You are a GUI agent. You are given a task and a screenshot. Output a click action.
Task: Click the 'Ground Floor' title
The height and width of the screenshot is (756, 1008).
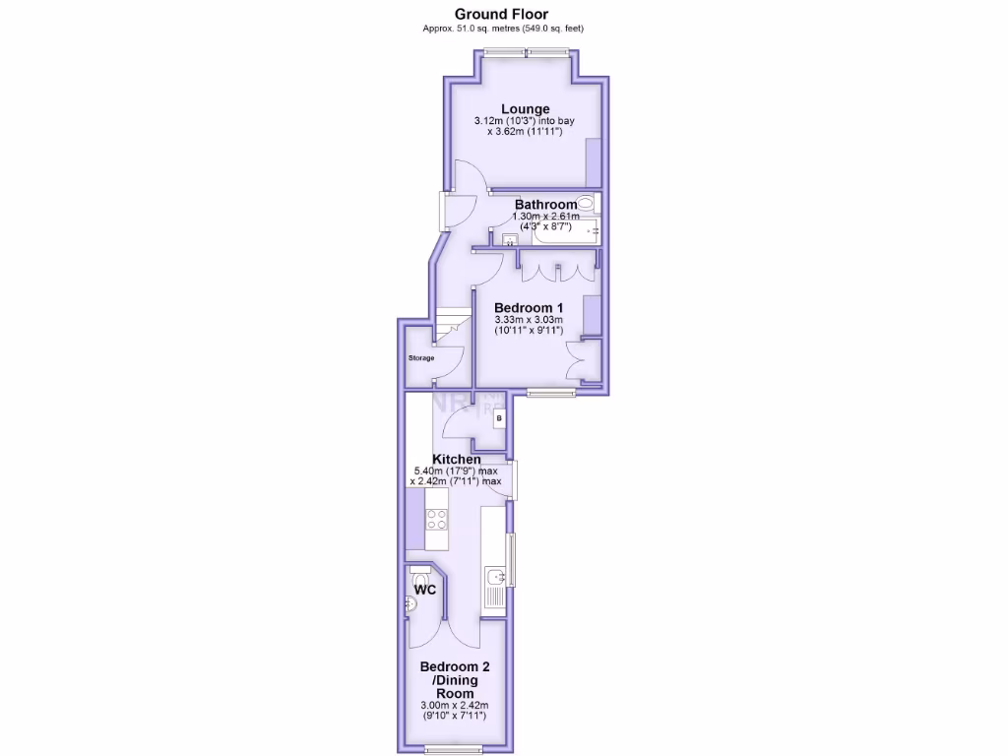coord(501,14)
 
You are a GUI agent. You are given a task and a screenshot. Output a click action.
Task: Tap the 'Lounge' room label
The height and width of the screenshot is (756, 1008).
coord(525,109)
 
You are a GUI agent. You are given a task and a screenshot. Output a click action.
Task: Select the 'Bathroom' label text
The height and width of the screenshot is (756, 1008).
coord(544,205)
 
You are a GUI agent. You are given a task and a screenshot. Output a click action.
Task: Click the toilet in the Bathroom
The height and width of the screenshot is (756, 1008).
coord(587,203)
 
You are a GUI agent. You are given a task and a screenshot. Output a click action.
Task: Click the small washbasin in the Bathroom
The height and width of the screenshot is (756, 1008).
coord(510,239)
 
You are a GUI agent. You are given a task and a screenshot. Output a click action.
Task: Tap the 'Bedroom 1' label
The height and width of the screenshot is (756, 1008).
coord(528,306)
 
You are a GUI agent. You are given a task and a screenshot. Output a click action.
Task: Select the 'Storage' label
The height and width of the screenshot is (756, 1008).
coord(421,357)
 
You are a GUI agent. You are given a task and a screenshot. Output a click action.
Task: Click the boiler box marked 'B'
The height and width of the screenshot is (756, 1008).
coord(498,419)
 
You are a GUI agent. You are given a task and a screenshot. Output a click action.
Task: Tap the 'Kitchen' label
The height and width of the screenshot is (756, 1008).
coord(458,460)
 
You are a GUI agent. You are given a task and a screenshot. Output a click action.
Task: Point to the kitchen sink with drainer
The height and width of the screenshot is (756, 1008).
coord(494,586)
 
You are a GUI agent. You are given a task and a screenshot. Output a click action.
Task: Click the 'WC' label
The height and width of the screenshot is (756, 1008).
coord(425,590)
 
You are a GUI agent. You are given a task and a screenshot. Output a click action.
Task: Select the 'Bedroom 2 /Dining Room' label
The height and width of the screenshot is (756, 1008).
coord(457,679)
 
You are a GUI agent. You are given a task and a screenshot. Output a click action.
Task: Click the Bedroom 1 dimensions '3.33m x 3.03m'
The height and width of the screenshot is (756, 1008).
coord(528,320)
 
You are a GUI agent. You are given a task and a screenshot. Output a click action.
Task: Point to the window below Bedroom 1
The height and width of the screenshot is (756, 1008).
coord(550,393)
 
